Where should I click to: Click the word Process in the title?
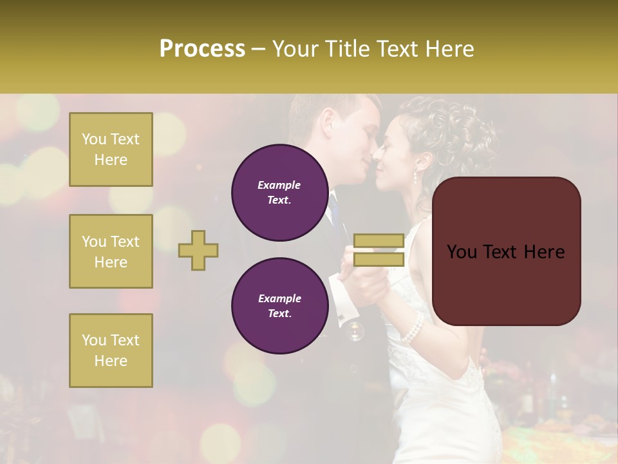tap(202, 48)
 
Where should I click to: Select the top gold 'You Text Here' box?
tap(111, 150)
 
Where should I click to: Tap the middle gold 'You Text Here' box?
tap(111, 251)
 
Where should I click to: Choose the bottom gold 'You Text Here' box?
tap(111, 351)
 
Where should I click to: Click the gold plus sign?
tap(198, 250)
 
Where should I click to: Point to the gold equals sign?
tap(379, 250)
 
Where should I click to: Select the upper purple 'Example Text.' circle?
tap(279, 193)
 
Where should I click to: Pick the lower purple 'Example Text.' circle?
tap(279, 306)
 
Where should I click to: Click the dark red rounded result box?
tap(506, 251)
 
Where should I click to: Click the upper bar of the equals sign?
tap(379, 241)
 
